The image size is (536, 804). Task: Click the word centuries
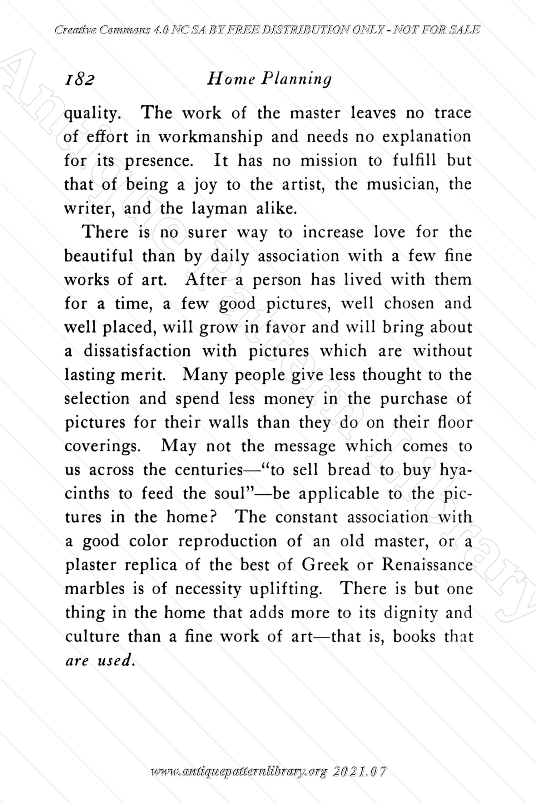(x=208, y=470)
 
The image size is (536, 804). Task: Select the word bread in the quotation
(x=348, y=470)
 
